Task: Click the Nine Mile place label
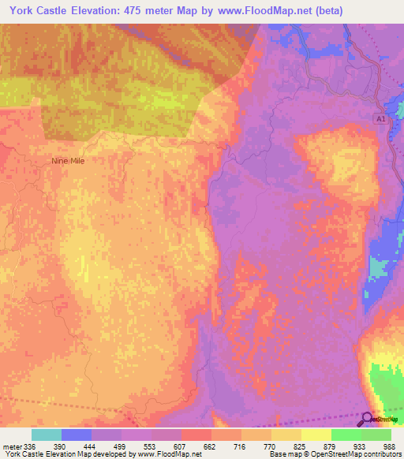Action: pos(67,160)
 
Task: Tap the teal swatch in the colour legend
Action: pos(46,435)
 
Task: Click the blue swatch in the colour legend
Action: pos(76,435)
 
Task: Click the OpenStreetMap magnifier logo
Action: pos(367,420)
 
